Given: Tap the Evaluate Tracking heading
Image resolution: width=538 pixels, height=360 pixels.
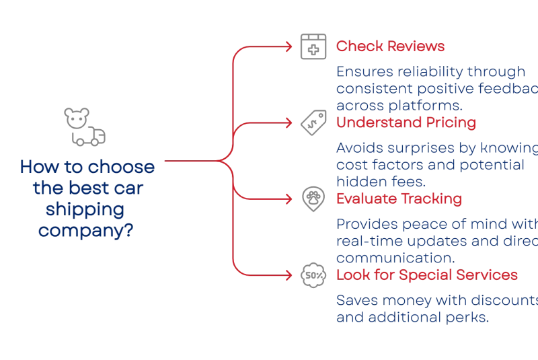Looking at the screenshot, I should (398, 199).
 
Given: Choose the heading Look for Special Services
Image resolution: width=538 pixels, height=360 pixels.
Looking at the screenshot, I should (426, 275).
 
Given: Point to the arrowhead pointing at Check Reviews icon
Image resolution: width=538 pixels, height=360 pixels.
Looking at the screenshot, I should (290, 47).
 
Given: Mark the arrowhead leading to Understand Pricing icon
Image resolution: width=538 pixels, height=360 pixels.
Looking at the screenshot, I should (290, 123).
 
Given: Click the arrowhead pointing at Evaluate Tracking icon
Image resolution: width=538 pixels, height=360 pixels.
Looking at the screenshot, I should (290, 199).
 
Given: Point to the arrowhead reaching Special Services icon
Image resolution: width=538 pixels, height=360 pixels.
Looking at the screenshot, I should (290, 275).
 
